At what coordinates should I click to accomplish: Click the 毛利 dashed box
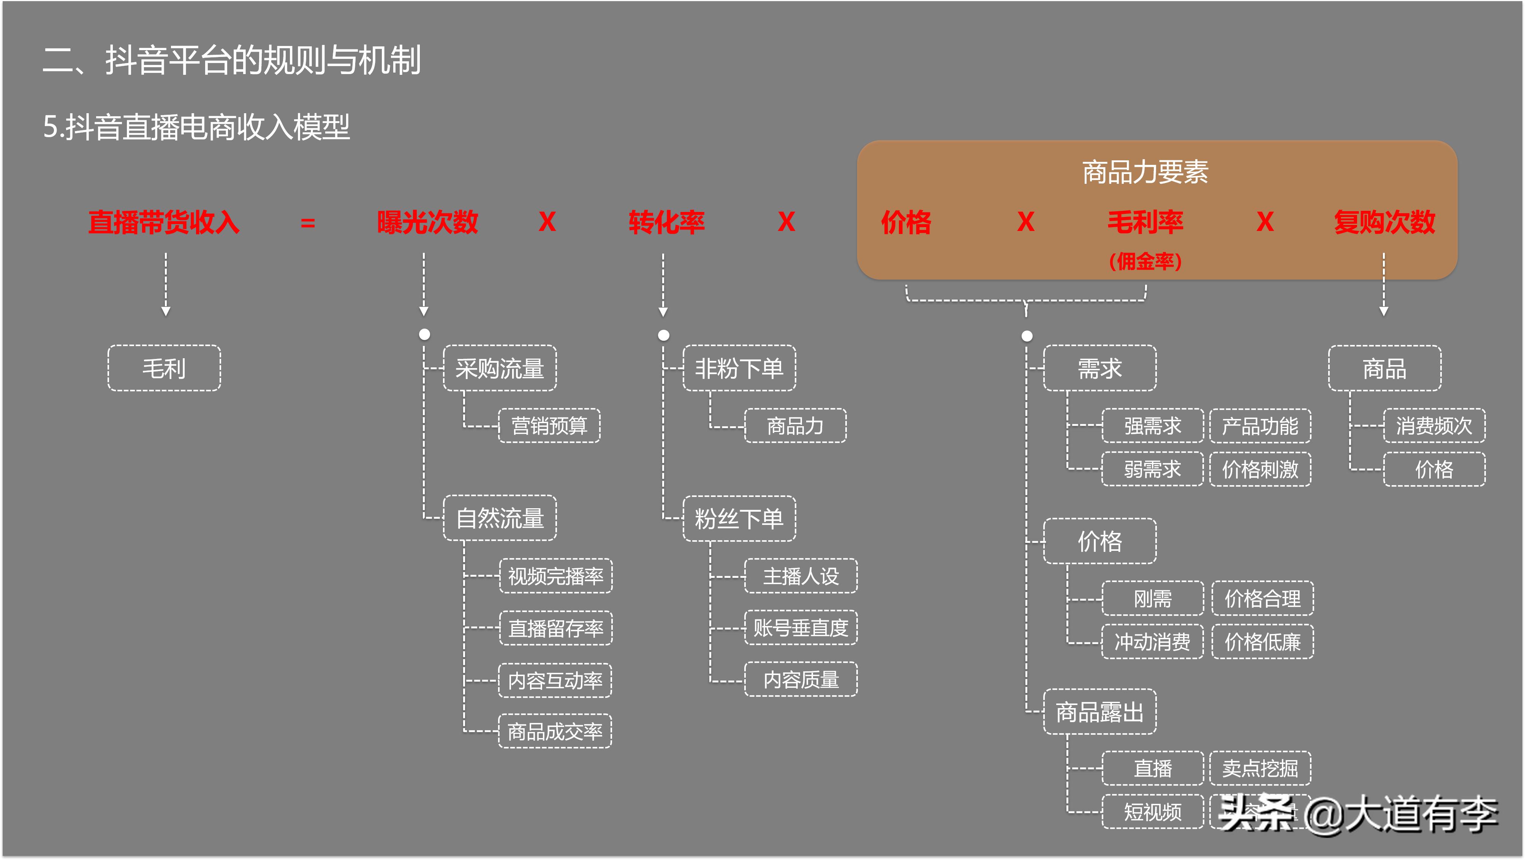pos(164,368)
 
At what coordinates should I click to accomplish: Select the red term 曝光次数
pos(427,223)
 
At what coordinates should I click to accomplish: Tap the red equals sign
pos(308,223)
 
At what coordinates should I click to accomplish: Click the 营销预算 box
pos(549,425)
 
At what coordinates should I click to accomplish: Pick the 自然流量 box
pos(500,518)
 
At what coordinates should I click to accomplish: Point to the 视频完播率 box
pos(555,576)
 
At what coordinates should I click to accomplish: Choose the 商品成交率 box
pos(555,732)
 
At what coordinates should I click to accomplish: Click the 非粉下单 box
pos(739,368)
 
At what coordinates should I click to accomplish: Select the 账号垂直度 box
pos(800,628)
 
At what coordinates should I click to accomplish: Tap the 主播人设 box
pos(800,576)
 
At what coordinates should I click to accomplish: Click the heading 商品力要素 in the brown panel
pos(1145,172)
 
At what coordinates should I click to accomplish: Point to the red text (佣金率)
pos(1145,261)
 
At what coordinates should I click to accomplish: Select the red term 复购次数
pos(1384,223)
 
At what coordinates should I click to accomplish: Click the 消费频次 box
pos(1434,425)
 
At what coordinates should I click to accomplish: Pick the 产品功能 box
pos(1260,425)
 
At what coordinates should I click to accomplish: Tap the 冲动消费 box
pos(1152,642)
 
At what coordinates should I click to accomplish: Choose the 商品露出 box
pos(1099,711)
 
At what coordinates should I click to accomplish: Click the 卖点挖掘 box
pos(1260,768)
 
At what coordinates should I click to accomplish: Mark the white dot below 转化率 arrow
pos(664,335)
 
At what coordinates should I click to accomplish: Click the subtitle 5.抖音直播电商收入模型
pos(196,127)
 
